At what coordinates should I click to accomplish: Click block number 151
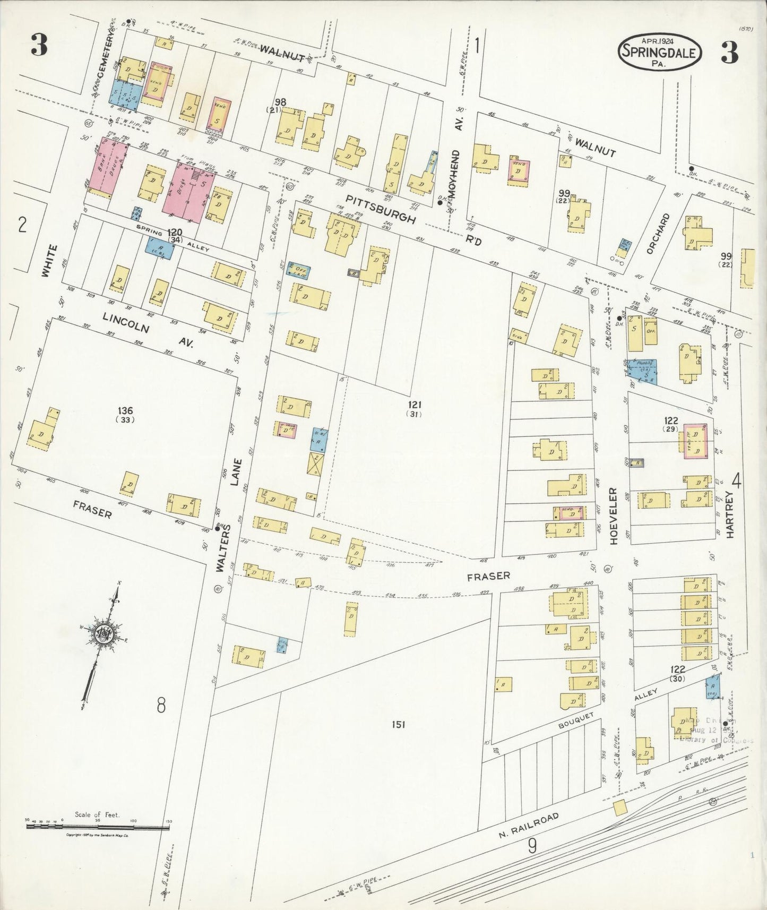click(x=399, y=724)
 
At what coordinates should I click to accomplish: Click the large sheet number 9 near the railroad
click(x=531, y=845)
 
